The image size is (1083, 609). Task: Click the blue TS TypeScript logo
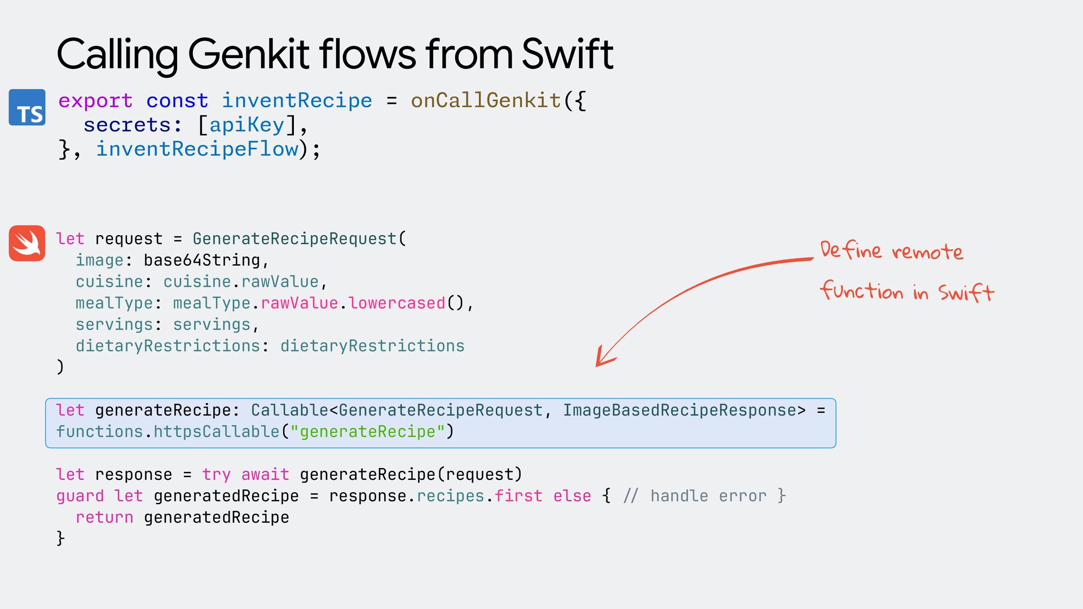(27, 107)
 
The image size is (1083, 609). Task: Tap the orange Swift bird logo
(27, 243)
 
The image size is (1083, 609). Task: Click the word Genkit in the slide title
(248, 54)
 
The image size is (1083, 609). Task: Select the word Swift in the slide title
(567, 54)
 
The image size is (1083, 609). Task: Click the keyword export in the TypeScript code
(95, 100)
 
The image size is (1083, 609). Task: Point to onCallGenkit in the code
(486, 100)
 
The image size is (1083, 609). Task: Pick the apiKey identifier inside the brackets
(246, 125)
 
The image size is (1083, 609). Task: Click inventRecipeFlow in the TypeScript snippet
(197, 149)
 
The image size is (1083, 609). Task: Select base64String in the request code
(202, 260)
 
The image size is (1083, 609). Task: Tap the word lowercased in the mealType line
(397, 303)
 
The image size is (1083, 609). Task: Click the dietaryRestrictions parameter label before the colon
(168, 346)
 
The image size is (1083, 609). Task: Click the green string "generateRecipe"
(368, 431)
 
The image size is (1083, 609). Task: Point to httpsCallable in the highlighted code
(217, 431)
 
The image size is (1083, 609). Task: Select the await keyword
(265, 474)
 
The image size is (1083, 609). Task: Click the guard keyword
(80, 496)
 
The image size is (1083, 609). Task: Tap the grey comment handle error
(708, 496)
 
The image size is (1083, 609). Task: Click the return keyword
(104, 517)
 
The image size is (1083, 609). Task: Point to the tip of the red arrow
(597, 366)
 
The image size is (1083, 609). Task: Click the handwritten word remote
(927, 251)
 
